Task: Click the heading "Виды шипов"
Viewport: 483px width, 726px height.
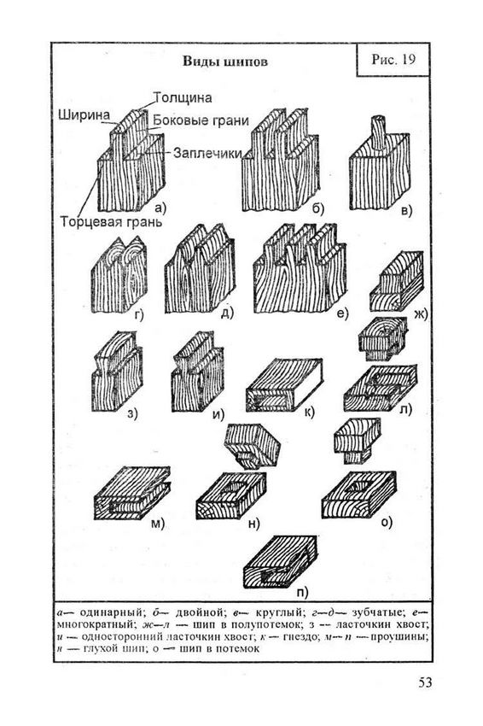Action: tap(225, 61)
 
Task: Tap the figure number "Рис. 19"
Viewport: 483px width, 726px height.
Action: tap(393, 59)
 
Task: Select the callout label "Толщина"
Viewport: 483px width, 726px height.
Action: tap(183, 97)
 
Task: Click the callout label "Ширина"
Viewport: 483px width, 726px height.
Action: tap(84, 114)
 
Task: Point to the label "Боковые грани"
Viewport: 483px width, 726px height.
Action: tap(201, 120)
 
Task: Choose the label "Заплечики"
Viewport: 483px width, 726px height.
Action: tap(207, 153)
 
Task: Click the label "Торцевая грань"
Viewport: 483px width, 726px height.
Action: tap(112, 222)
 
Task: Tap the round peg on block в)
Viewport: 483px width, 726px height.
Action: tap(378, 132)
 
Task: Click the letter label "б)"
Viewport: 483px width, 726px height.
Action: tap(317, 208)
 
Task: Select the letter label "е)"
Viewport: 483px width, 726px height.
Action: tap(342, 313)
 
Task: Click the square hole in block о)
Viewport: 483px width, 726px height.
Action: tap(360, 485)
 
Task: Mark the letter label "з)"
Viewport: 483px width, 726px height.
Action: tap(132, 414)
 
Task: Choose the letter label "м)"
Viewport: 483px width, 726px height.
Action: tap(158, 524)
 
